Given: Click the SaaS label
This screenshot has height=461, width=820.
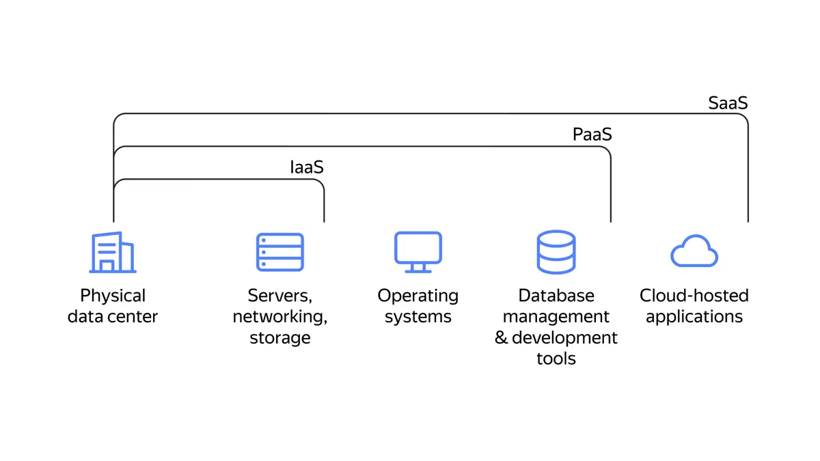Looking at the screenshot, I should pos(728,102).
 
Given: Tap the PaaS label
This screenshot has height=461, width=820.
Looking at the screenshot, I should pos(592,135).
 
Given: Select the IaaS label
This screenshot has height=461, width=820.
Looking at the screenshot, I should pos(306,167).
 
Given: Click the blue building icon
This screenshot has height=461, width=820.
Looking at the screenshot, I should pos(113,252).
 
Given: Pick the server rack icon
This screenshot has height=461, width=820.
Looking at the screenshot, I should pos(279,252).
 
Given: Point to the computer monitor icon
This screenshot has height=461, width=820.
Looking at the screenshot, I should pos(418,252).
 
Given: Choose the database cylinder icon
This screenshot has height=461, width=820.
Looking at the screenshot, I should pos(556,252).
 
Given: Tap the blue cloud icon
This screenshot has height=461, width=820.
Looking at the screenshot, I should pos(694,251).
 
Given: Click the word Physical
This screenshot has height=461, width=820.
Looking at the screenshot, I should pos(113,296).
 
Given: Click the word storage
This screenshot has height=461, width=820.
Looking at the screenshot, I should pos(279,338).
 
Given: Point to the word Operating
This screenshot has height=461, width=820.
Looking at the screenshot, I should pos(418,296).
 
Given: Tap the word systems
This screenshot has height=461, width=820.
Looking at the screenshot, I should pos(418,317).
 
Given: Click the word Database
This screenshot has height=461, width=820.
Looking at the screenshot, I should pos(556,296).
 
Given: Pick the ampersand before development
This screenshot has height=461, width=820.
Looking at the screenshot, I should pos(502,338).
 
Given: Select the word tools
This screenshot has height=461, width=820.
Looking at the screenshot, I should pos(556,359).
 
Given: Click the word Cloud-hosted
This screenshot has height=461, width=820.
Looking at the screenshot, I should pos(694,296).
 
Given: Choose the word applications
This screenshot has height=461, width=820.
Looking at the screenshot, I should pos(694,317).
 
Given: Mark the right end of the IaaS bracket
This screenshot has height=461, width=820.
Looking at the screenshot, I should pos(324,220).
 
